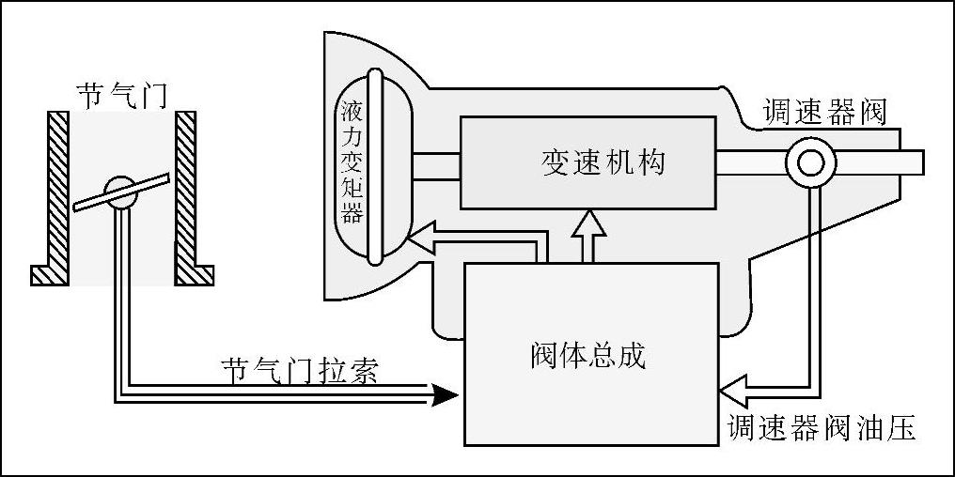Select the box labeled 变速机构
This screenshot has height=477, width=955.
pos(587,162)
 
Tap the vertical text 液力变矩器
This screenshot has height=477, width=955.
pos(352,163)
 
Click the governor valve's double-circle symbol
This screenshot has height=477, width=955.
pos(809,163)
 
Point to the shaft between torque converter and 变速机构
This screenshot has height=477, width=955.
pos(433,164)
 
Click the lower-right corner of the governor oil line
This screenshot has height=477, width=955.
pos(815,384)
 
